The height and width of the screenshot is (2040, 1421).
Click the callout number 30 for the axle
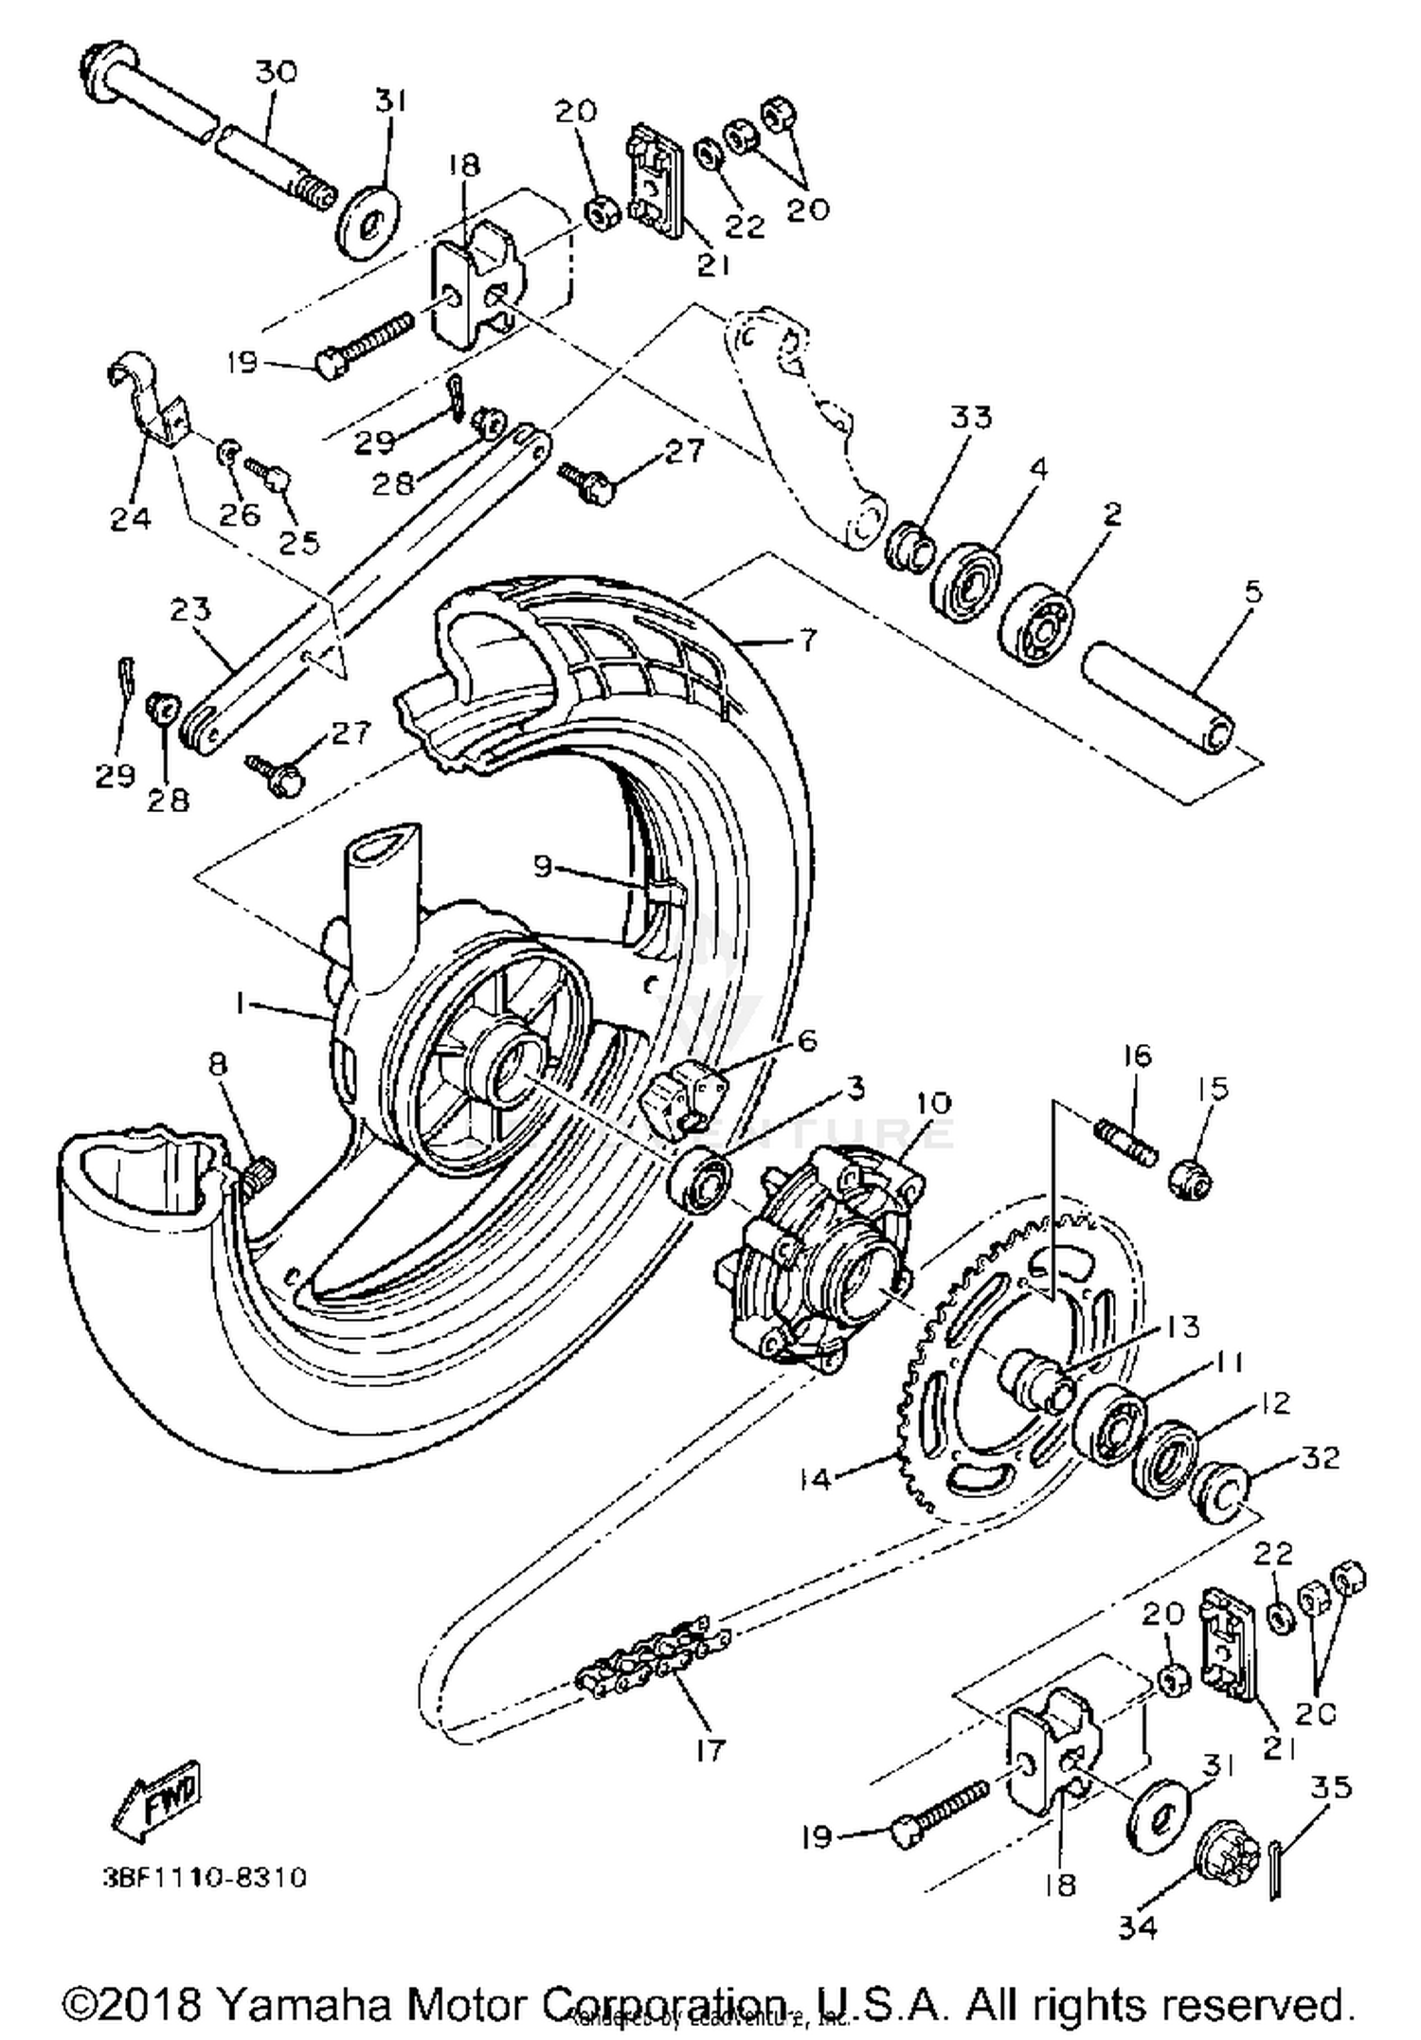276,72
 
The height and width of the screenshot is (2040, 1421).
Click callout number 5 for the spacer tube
1251,594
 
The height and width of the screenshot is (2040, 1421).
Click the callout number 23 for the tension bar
189,608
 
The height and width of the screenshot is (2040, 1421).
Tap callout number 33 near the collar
971,417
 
